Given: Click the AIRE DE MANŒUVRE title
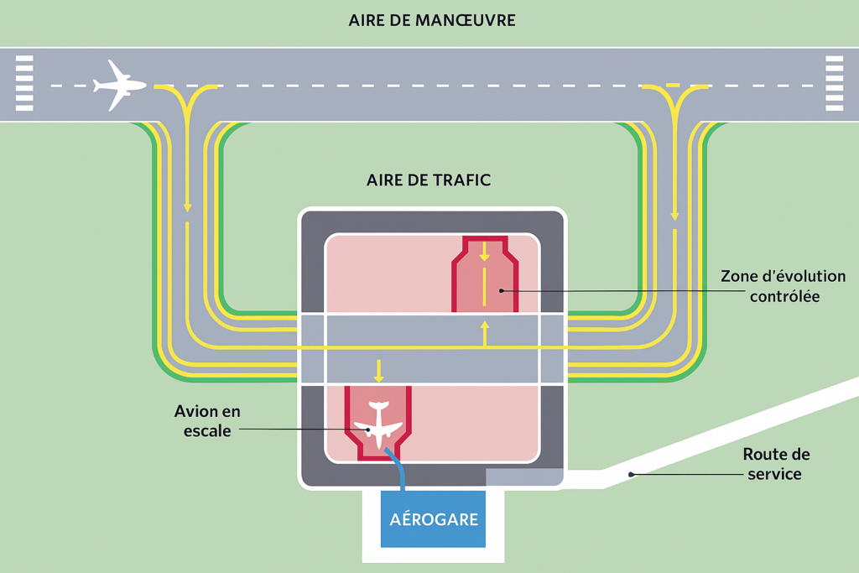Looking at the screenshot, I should (x=431, y=19).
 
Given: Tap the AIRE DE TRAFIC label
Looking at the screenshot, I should (x=429, y=180).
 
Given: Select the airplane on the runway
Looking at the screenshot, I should (x=119, y=85).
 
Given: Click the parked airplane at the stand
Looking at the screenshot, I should (x=377, y=425).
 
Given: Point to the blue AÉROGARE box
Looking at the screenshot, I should (x=433, y=518).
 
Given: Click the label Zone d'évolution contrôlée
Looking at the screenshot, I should (x=783, y=286).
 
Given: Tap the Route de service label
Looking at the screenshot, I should (x=776, y=464).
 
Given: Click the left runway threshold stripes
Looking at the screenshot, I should (x=24, y=83).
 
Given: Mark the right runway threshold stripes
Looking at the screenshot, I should (x=834, y=83).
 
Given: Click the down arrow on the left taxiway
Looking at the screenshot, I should (x=186, y=206).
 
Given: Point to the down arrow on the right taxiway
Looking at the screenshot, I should (x=674, y=216).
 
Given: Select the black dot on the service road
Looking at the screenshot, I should (x=631, y=474).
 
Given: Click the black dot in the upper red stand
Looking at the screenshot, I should (x=501, y=290).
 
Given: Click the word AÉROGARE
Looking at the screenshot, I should (x=433, y=518).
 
